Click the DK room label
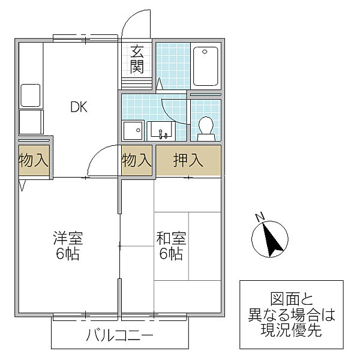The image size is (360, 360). pos(79,107)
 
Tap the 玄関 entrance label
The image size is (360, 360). pos(137,59)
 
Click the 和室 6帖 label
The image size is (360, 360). pos(171,245)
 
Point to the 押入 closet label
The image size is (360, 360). pos(188,160)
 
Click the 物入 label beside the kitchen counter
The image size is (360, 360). pos(34,160)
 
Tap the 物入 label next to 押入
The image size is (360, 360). pos(137,160)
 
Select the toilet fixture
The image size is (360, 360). pos(206,128)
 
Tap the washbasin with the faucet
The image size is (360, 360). pos(160,130)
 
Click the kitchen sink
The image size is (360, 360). pos(30,95)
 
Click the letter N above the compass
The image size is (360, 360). pos(260,217)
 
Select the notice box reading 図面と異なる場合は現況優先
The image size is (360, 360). pos(292,314)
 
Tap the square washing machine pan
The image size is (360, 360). pos(133,130)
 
